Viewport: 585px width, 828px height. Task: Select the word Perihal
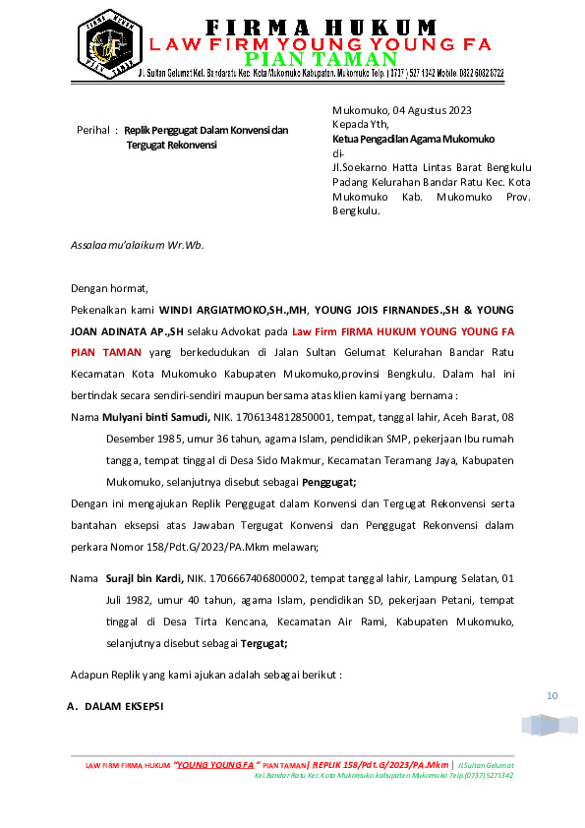tap(92, 130)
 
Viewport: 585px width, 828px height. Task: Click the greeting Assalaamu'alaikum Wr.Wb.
tap(137, 244)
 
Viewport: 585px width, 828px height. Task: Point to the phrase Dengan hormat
tap(109, 288)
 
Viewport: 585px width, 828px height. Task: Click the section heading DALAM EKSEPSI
tap(124, 706)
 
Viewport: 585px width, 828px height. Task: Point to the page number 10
tap(552, 696)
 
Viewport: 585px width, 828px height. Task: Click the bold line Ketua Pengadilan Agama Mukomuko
tap(413, 139)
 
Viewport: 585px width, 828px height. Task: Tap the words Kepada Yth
tap(361, 124)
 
